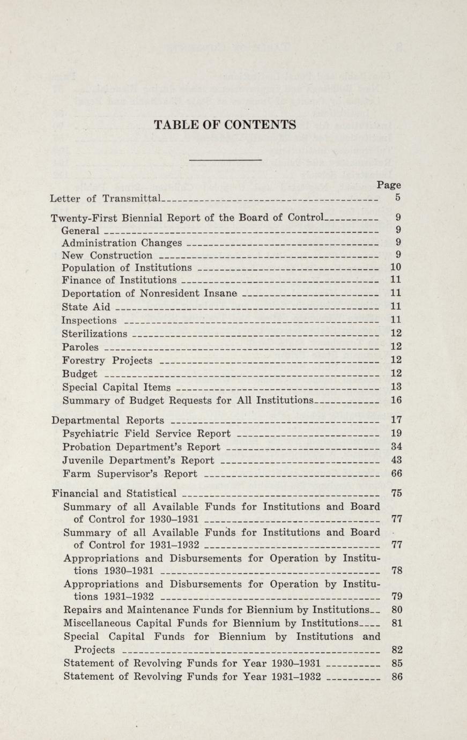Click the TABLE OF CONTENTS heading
(x=225, y=125)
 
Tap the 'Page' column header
(x=388, y=185)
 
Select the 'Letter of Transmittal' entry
(x=105, y=198)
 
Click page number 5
(x=397, y=197)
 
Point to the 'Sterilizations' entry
(x=95, y=334)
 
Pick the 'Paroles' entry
(x=80, y=347)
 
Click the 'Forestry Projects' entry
(x=107, y=360)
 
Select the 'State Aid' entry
(x=86, y=307)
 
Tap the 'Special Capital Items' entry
(x=116, y=387)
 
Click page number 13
(x=397, y=386)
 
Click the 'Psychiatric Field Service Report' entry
(x=146, y=433)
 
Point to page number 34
(x=397, y=446)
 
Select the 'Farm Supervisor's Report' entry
(x=130, y=473)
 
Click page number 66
(x=397, y=473)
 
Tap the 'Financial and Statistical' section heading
(x=114, y=493)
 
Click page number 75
(x=397, y=493)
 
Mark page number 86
(x=397, y=676)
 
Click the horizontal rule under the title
(x=226, y=159)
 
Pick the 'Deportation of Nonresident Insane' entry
(x=150, y=293)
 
